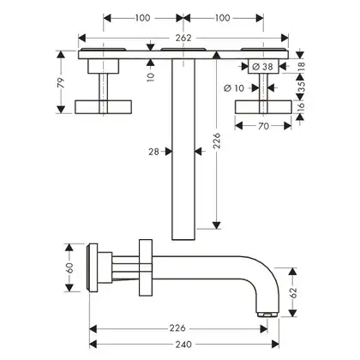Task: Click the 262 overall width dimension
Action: pyautogui.click(x=183, y=38)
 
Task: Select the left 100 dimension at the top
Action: pyautogui.click(x=142, y=18)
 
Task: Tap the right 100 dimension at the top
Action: pyautogui.click(x=222, y=18)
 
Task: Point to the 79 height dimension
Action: pyautogui.click(x=61, y=82)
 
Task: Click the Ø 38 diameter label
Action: pyautogui.click(x=263, y=67)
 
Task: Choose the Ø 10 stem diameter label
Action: pyautogui.click(x=234, y=88)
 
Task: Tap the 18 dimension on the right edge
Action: pyautogui.click(x=302, y=66)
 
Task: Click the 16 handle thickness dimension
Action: pyautogui.click(x=302, y=106)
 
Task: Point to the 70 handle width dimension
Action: pyautogui.click(x=263, y=126)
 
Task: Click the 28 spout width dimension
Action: pyautogui.click(x=153, y=152)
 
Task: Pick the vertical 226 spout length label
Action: pyautogui.click(x=217, y=140)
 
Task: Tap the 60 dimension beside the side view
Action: pyautogui.click(x=69, y=267)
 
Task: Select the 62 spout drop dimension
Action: pyautogui.click(x=293, y=293)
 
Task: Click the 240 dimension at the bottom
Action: pyautogui.click(x=183, y=345)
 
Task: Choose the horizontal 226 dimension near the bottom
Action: pyautogui.click(x=177, y=328)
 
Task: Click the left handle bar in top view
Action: pyautogui.click(x=103, y=107)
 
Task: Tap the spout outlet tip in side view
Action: pyautogui.click(x=267, y=315)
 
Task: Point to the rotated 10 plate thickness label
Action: pyautogui.click(x=151, y=76)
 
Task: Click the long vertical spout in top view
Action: pyautogui.click(x=183, y=149)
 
